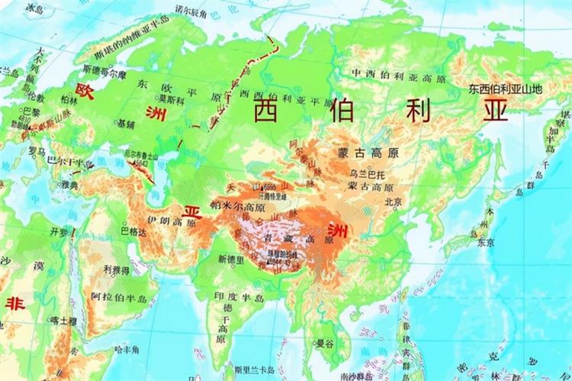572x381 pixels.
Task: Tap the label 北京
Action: [x=394, y=202]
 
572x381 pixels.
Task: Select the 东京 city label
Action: [x=485, y=244]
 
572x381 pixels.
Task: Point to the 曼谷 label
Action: [x=326, y=344]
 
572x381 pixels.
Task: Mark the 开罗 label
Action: [x=58, y=230]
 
